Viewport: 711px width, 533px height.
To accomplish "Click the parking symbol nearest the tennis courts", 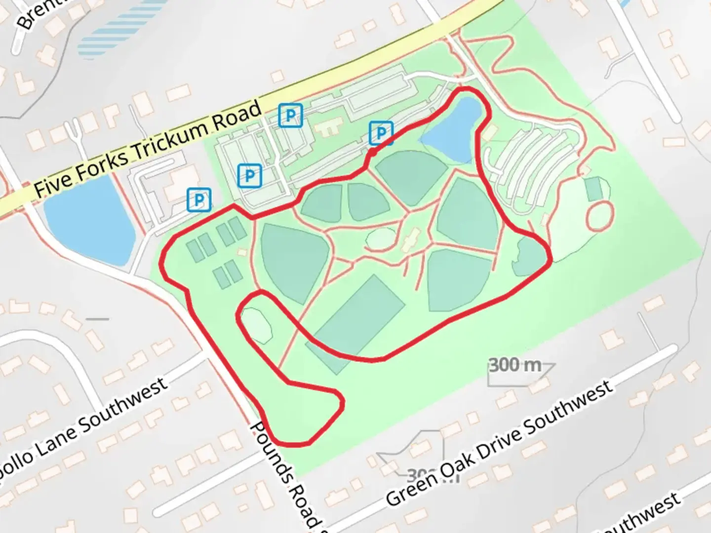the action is pyautogui.click(x=198, y=200).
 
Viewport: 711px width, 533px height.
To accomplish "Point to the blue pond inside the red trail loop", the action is pyautogui.click(x=452, y=129).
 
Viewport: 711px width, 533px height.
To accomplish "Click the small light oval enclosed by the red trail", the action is pyautogui.click(x=257, y=324).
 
